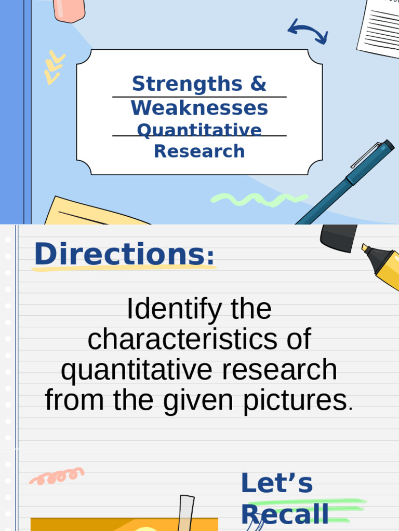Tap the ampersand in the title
pyautogui.click(x=258, y=83)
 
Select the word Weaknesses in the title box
pyautogui.click(x=199, y=108)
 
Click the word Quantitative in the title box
pyautogui.click(x=199, y=130)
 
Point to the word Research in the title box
pyautogui.click(x=199, y=151)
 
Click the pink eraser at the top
pyautogui.click(x=70, y=9)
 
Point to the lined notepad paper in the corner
pyautogui.click(x=379, y=26)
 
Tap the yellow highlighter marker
pyautogui.click(x=383, y=264)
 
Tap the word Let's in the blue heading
pyautogui.click(x=276, y=484)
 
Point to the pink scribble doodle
pyautogui.click(x=57, y=476)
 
